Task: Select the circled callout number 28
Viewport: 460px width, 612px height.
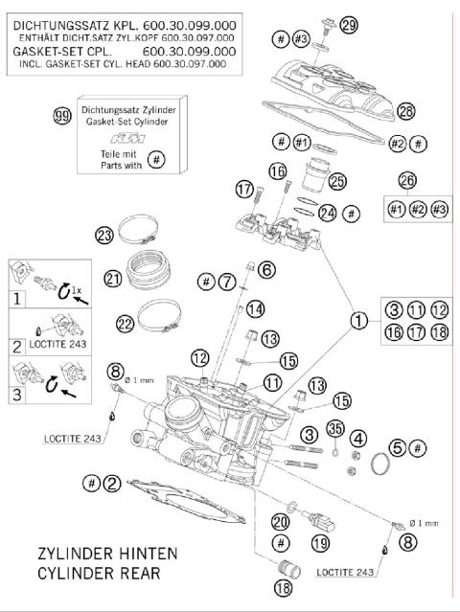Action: (406, 112)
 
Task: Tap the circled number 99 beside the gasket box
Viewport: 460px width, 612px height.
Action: (63, 117)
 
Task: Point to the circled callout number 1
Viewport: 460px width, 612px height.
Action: (357, 320)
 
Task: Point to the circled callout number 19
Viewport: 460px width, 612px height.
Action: (320, 543)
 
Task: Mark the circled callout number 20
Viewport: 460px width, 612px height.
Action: (280, 522)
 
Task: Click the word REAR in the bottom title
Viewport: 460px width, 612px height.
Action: (143, 575)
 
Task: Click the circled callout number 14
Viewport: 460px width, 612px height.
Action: (254, 308)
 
